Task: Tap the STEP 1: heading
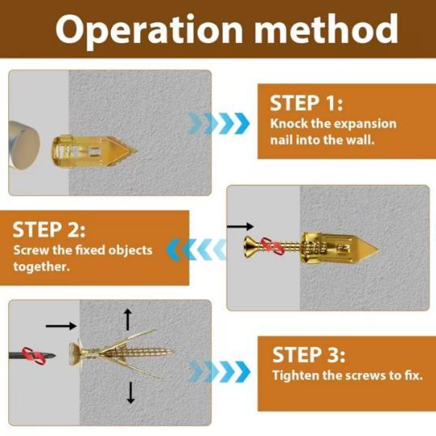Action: (x=306, y=104)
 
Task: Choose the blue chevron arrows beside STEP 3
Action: (x=219, y=373)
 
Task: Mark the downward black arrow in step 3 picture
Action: (x=129, y=392)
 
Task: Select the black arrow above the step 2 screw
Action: (x=240, y=226)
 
